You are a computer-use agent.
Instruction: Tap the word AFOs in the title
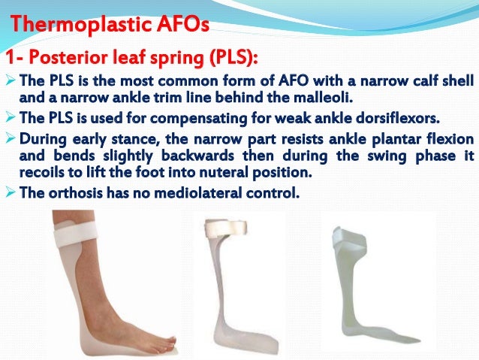tap(183, 28)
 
